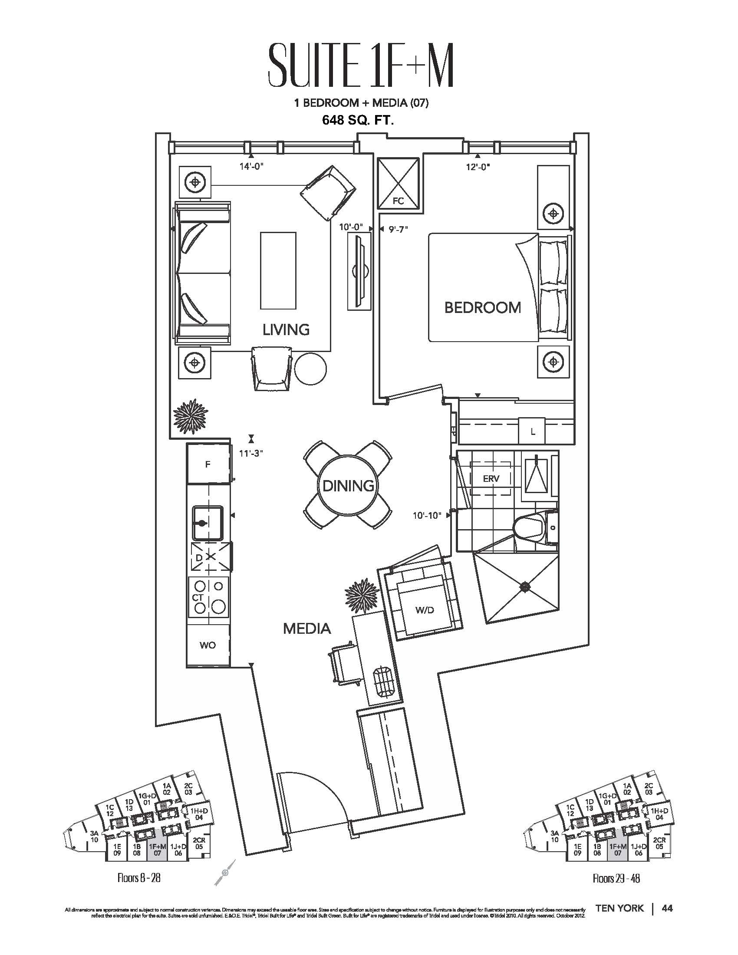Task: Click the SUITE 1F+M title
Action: (360, 70)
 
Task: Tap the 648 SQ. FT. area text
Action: (358, 120)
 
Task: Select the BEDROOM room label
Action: (482, 308)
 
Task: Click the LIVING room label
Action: (286, 330)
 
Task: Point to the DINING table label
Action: (348, 485)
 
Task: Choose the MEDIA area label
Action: (307, 629)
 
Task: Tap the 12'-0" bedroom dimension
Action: (478, 167)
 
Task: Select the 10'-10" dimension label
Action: (427, 516)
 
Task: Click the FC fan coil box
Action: (398, 184)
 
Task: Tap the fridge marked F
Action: (208, 464)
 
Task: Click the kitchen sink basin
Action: (208, 523)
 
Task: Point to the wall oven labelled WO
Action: (208, 645)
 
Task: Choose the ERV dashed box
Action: (491, 478)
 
